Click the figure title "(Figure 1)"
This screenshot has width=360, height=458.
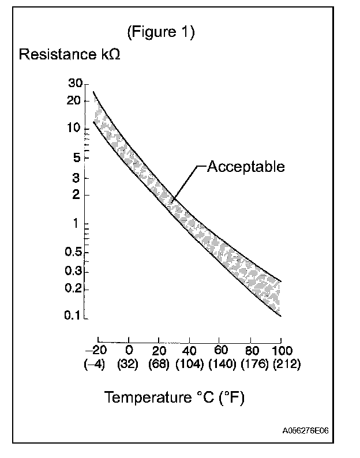[160, 32]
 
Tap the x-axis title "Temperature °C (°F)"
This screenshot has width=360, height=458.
[174, 397]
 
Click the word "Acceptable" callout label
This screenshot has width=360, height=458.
[246, 167]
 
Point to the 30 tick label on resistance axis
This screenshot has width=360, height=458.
[75, 84]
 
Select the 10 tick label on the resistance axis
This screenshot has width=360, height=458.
[75, 129]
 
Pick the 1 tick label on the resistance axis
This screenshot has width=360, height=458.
[77, 224]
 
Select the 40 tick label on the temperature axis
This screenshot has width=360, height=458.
[188, 351]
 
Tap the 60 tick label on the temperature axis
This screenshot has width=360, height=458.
[219, 351]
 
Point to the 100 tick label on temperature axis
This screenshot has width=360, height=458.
[282, 351]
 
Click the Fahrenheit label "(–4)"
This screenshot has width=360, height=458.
[94, 365]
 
